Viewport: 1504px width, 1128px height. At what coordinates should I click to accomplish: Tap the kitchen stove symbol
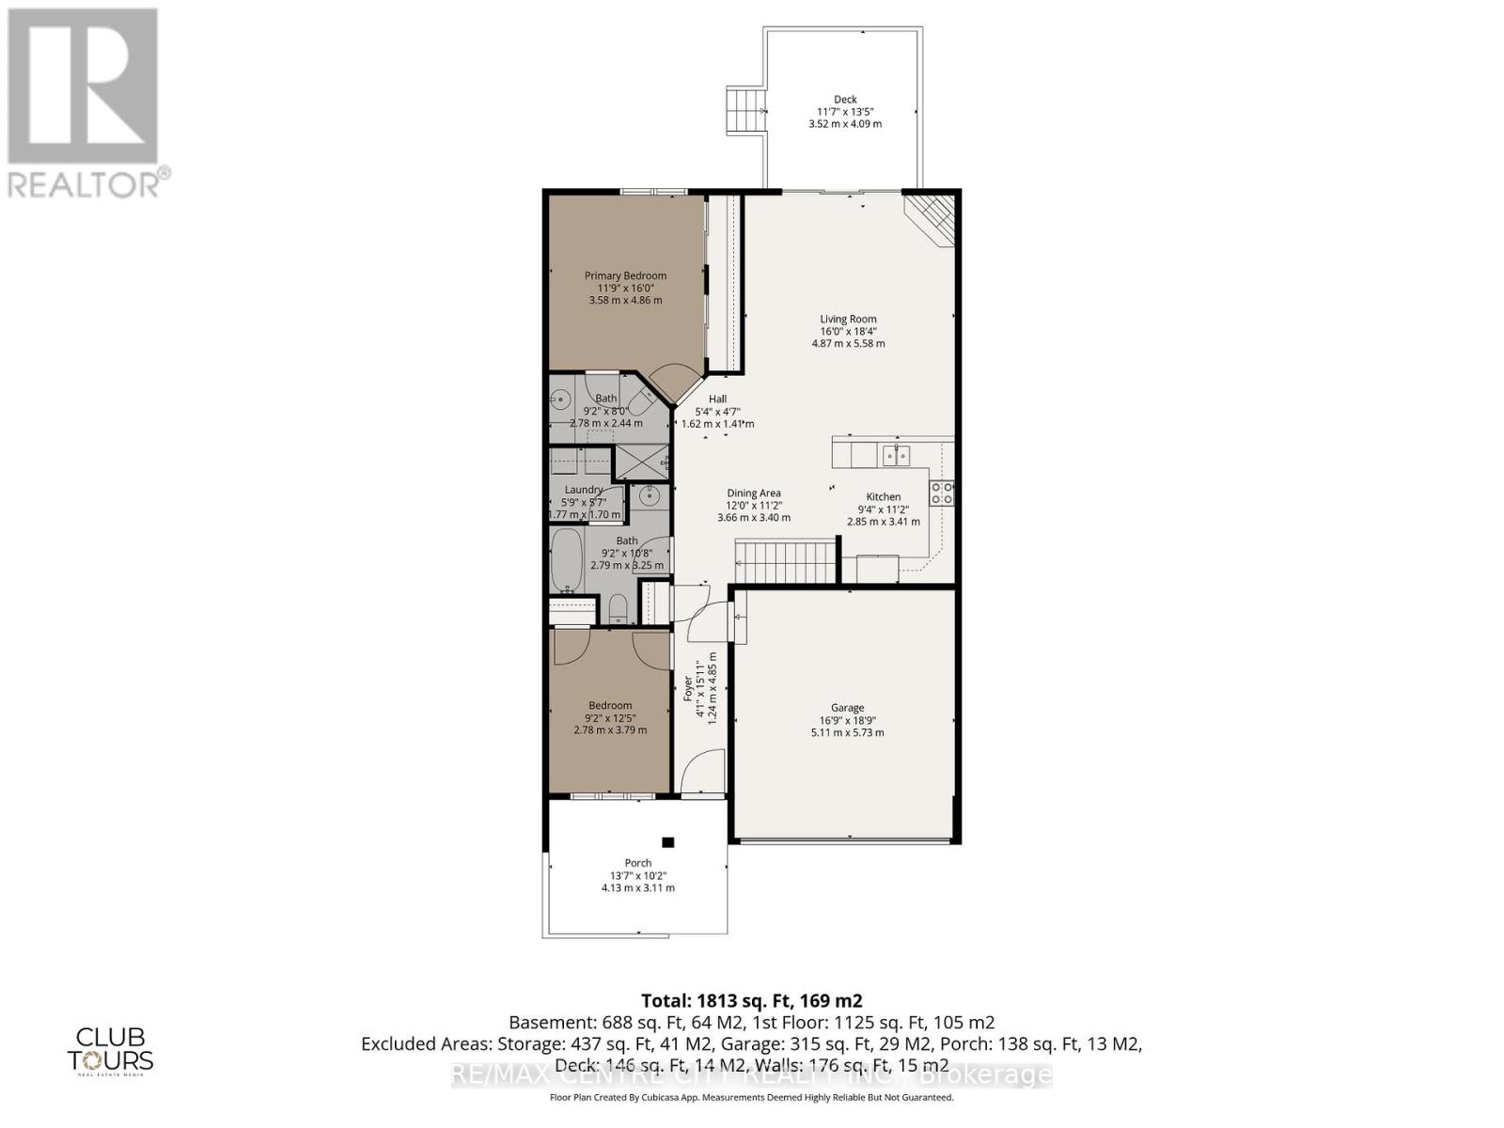click(942, 493)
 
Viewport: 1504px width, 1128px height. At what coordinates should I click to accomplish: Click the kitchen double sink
click(894, 456)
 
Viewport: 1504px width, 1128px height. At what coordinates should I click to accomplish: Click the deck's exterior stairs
click(745, 112)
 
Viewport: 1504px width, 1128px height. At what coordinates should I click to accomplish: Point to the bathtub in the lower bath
click(567, 560)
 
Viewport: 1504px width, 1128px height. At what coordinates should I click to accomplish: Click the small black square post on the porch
click(667, 842)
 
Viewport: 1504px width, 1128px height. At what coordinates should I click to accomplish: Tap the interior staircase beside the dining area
click(786, 561)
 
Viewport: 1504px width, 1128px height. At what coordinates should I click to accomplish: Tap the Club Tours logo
click(110, 1048)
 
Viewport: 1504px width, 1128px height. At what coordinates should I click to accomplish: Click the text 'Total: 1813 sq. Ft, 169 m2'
click(751, 1000)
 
